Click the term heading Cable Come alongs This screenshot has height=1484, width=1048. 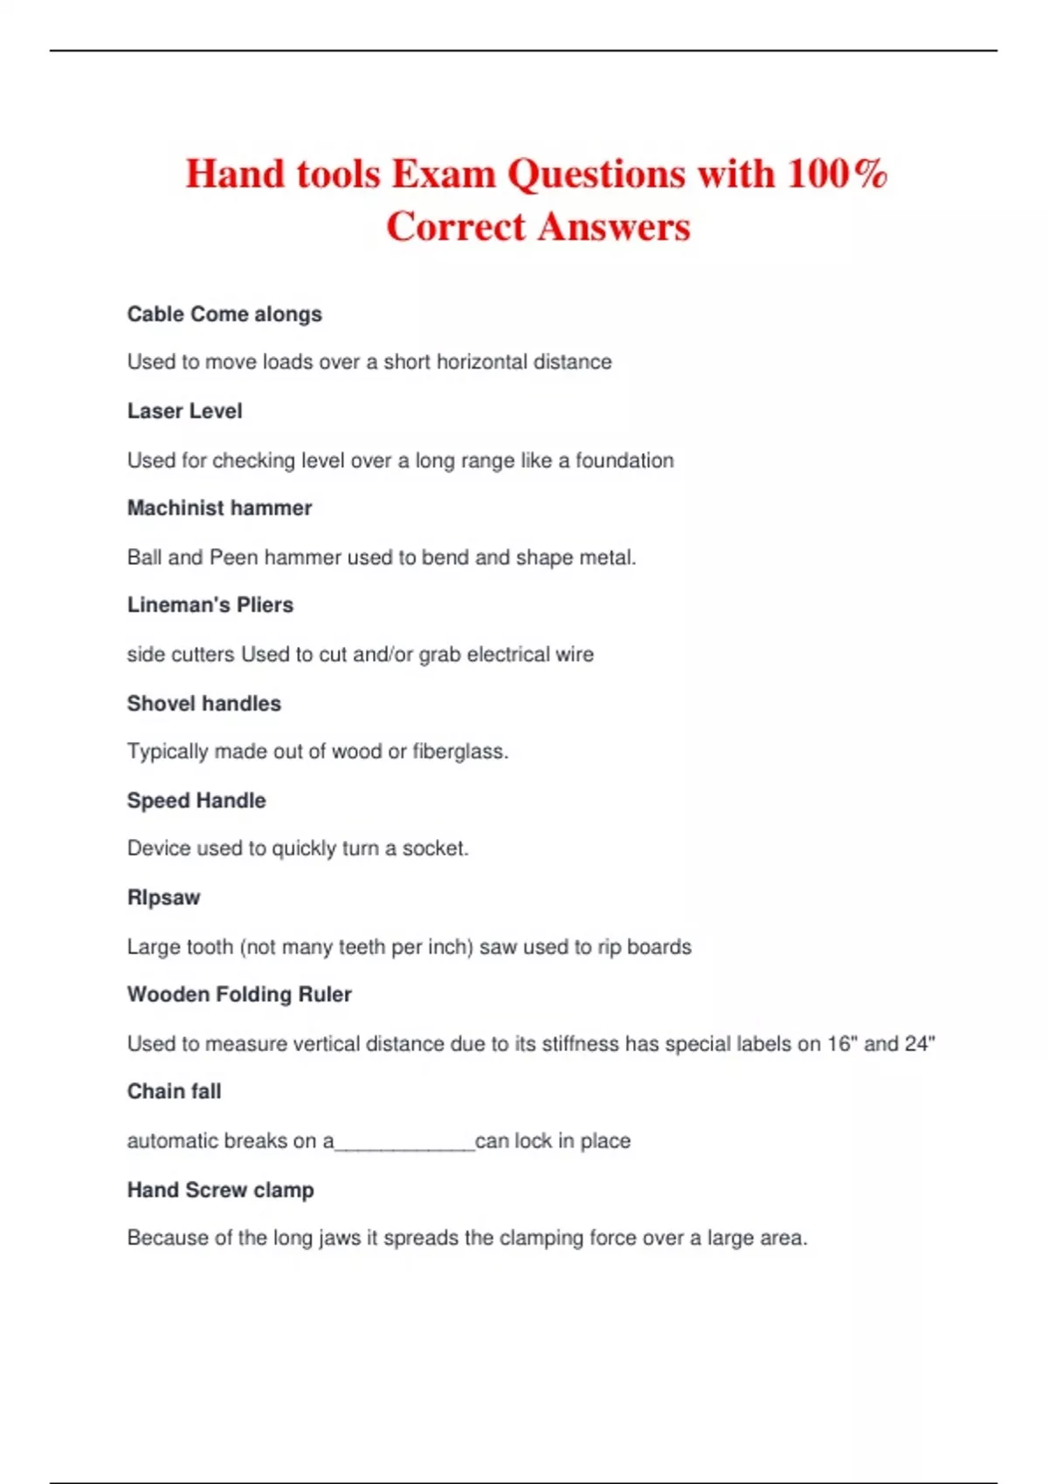click(x=224, y=314)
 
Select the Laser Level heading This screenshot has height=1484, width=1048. click(x=184, y=411)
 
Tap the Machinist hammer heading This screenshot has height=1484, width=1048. click(x=219, y=508)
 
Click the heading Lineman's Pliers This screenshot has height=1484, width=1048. click(x=210, y=605)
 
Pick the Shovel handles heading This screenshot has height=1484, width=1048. click(x=203, y=704)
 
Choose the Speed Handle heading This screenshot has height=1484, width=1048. click(x=196, y=800)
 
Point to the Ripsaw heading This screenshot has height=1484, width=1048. click(x=163, y=897)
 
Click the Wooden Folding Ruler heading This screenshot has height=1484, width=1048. click(x=239, y=994)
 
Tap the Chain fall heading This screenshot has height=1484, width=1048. click(x=174, y=1091)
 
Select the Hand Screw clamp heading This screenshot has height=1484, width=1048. click(x=220, y=1190)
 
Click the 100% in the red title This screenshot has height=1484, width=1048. click(x=837, y=174)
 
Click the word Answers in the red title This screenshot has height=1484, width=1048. click(x=614, y=227)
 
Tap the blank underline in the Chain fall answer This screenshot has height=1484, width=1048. click(x=404, y=1144)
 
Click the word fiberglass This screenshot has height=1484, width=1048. click(x=460, y=752)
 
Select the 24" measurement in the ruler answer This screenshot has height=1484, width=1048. click(x=920, y=1043)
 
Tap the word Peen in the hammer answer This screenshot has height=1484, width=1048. click(x=234, y=557)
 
